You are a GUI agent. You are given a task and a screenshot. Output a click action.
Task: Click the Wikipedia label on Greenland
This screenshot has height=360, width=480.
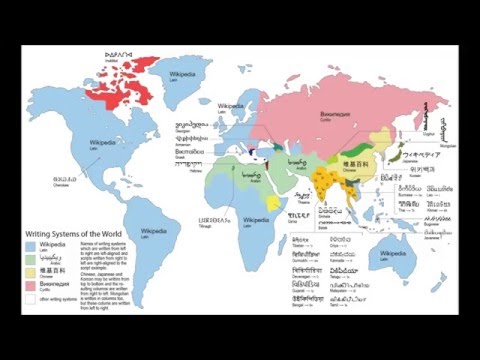[x=183, y=74]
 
